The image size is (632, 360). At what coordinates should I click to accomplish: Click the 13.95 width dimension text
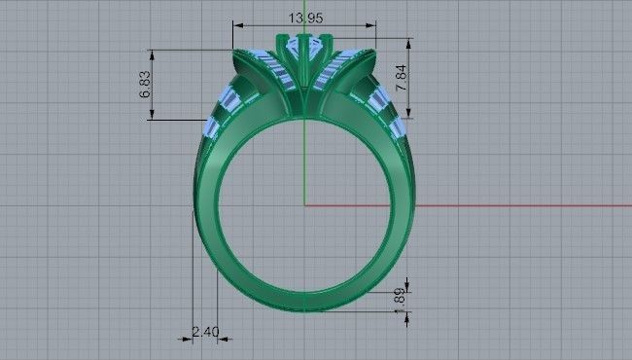point(304,17)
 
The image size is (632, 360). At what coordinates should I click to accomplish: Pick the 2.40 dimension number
point(204,333)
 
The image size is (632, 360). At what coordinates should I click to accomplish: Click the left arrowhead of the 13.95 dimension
point(236,25)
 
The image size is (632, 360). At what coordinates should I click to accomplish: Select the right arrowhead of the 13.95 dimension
point(373,25)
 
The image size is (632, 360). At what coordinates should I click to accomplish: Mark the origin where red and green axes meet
point(304,205)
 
